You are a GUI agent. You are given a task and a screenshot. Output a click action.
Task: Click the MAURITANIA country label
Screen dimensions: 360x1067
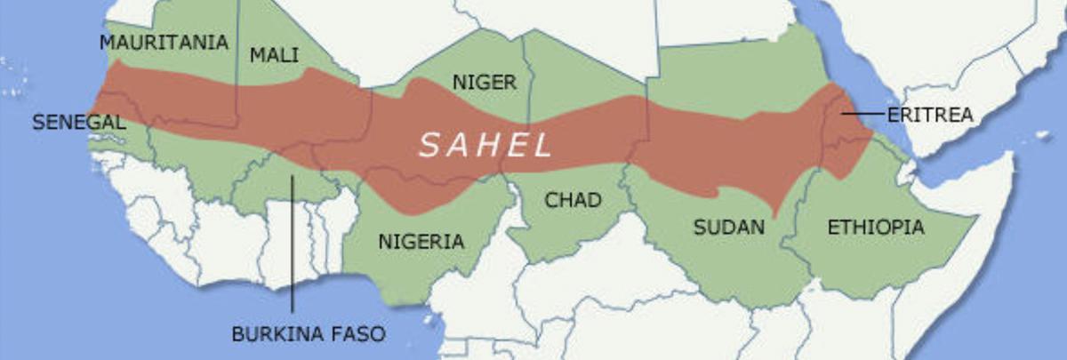(164, 43)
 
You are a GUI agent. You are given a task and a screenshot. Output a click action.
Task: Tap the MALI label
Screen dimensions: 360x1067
(274, 55)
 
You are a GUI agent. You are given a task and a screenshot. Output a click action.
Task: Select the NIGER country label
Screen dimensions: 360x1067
(484, 83)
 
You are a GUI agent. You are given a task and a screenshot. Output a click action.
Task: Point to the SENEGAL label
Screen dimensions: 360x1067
(78, 123)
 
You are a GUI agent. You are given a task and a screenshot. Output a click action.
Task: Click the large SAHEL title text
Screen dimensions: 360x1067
(485, 145)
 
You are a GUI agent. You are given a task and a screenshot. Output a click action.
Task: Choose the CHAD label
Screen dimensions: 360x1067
(573, 201)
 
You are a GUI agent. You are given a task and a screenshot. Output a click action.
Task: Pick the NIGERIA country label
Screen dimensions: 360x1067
(421, 241)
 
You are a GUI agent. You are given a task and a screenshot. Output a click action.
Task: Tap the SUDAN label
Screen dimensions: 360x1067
(728, 228)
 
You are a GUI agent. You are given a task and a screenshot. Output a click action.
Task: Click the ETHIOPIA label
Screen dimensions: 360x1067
(875, 228)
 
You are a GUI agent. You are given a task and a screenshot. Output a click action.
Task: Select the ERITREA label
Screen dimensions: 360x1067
(930, 115)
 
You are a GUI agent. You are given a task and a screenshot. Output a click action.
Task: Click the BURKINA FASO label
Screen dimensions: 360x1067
(309, 335)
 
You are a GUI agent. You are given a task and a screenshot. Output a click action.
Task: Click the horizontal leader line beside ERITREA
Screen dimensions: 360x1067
(862, 114)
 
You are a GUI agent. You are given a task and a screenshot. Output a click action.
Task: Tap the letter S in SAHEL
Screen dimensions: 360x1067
(429, 145)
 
